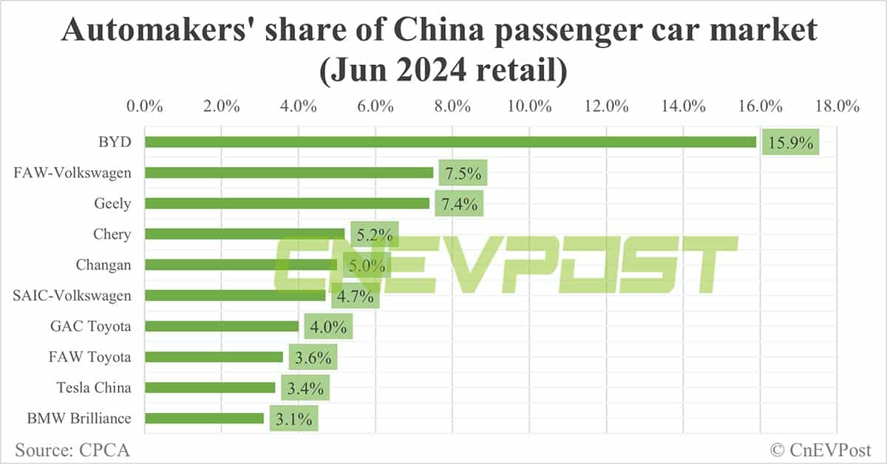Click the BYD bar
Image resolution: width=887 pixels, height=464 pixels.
tap(450, 142)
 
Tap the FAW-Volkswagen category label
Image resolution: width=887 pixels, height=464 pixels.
tap(72, 173)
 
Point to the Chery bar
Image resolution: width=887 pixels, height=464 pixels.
tap(245, 234)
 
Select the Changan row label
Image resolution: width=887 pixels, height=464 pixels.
tap(103, 265)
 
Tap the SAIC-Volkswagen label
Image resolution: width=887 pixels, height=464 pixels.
tap(72, 296)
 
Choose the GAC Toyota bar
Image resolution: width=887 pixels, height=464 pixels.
tap(222, 326)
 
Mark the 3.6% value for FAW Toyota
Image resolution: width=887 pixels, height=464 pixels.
tap(313, 357)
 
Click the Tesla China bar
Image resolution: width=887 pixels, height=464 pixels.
tap(210, 387)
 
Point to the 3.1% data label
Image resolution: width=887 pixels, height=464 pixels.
tap(293, 418)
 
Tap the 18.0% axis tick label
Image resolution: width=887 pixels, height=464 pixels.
tap(837, 106)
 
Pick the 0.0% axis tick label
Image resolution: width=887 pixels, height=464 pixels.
tap(145, 106)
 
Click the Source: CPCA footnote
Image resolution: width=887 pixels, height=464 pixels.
tap(67, 448)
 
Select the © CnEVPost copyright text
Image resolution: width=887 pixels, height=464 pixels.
tap(820, 448)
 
